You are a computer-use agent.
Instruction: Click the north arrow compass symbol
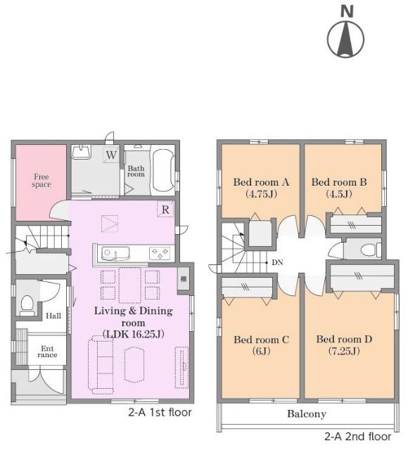coord(346,39)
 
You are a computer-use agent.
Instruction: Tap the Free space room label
coord(42,181)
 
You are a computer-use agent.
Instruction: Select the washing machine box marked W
coord(111,155)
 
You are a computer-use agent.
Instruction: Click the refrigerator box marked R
coord(165,210)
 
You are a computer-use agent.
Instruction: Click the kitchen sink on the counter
coord(115,254)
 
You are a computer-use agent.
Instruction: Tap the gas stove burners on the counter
coord(160,253)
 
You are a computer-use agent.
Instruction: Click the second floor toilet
coord(371,250)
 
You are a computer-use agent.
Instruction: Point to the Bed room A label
coord(261,182)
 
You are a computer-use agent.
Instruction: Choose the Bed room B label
coord(339,182)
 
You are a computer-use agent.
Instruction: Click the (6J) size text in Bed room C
coord(261,351)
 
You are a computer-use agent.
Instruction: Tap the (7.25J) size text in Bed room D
coord(344,351)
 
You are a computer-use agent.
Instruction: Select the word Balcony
coord(307,414)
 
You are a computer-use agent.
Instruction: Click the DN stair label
coord(277,262)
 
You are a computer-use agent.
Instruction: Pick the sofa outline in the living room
coord(101,364)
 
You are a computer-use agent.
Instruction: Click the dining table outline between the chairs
coord(130,285)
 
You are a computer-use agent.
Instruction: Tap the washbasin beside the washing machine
coord(82,152)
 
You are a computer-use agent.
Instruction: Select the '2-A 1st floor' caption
coord(160,413)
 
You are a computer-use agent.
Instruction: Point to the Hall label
coord(53,316)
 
